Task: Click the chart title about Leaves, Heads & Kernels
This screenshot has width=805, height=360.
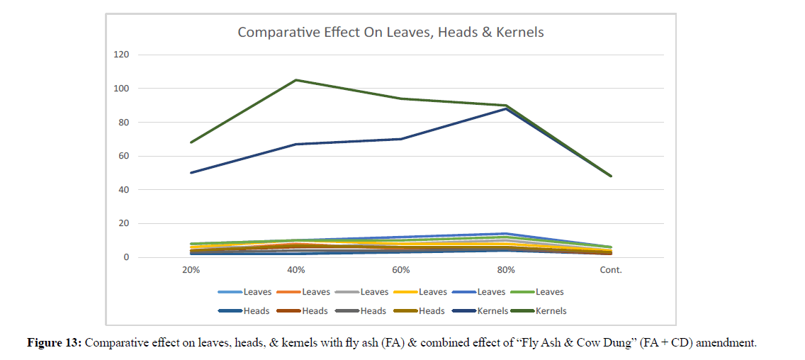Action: coord(390,32)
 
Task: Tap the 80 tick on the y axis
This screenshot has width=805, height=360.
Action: coord(124,123)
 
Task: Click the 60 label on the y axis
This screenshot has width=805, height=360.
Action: coord(124,156)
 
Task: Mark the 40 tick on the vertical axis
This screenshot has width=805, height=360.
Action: coord(124,190)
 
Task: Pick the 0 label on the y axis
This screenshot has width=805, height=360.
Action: coord(126,257)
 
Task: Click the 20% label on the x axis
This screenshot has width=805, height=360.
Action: coord(191,270)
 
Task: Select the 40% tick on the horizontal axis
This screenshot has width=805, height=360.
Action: coord(296,270)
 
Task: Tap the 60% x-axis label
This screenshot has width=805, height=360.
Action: coord(401,270)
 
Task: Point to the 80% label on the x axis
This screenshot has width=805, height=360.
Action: coord(506,270)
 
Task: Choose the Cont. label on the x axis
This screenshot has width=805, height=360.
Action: coord(611,270)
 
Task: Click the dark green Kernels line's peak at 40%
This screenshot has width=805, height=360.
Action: coord(296,80)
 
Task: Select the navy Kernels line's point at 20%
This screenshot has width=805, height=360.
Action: coord(191,172)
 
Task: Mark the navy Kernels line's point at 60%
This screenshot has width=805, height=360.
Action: coord(401,139)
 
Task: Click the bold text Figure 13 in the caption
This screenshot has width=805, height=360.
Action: coord(55,343)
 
